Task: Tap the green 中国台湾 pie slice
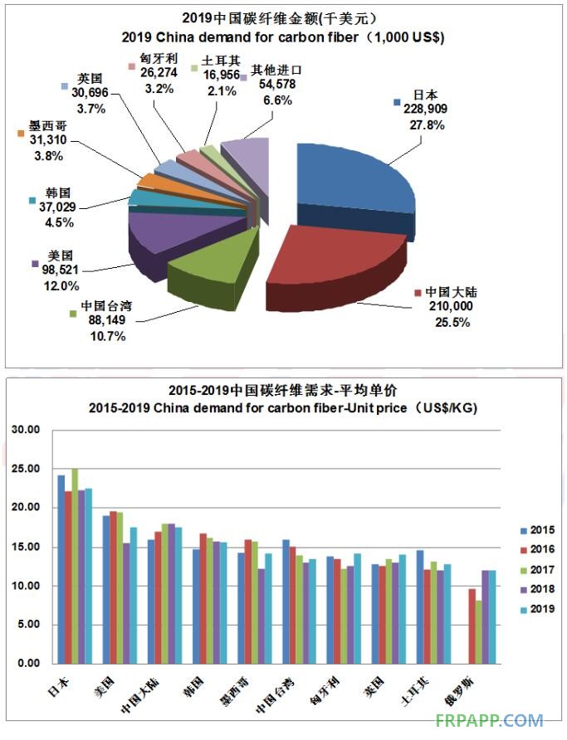tap(208, 261)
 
